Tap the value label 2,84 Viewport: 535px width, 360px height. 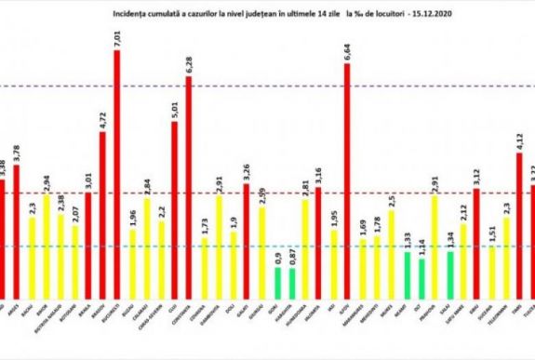coord(145,183)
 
